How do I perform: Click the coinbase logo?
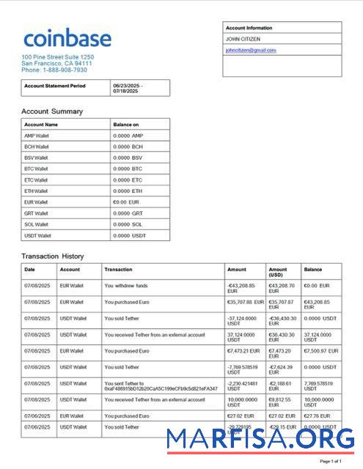pyautogui.click(x=67, y=38)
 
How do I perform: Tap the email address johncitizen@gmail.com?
pyautogui.click(x=251, y=51)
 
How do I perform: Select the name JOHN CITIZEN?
pyautogui.click(x=243, y=39)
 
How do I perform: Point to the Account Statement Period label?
pyautogui.click(x=55, y=86)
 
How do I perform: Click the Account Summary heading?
pyautogui.click(x=52, y=111)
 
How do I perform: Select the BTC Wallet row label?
pyautogui.click(x=36, y=169)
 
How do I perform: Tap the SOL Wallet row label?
pyautogui.click(x=36, y=224)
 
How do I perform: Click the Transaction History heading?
pyautogui.click(x=53, y=256)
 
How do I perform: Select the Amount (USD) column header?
pyautogui.click(x=278, y=272)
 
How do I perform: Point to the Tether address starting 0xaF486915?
pyautogui.click(x=161, y=388)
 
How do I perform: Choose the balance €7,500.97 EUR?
pyautogui.click(x=320, y=350)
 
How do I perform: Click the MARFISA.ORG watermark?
pyautogui.click(x=260, y=440)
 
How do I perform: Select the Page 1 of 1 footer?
pyautogui.click(x=331, y=461)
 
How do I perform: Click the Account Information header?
pyautogui.click(x=249, y=28)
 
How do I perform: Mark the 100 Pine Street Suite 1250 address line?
pyautogui.click(x=58, y=56)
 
